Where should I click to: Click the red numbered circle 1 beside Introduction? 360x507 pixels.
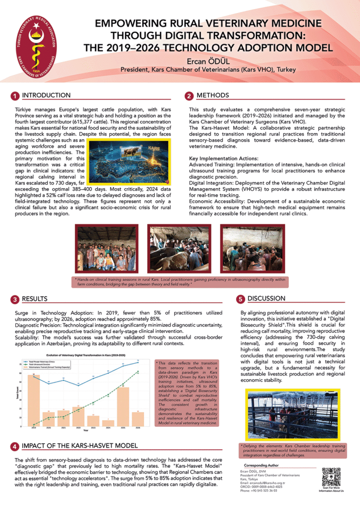15,95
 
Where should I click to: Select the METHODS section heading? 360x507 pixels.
212,95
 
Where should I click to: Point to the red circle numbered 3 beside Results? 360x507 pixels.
15,299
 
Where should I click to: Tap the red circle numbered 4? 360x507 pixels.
15,446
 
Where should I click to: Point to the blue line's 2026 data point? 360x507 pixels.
138,362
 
